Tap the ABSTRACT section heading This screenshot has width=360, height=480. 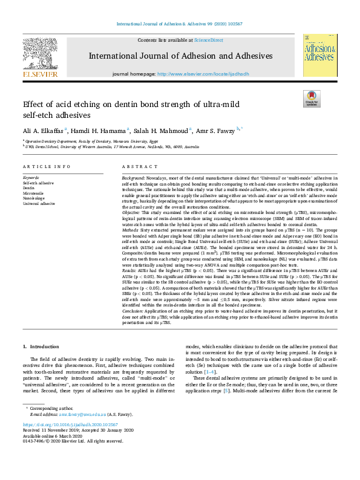click(136, 166)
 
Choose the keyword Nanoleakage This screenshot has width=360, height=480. click(34, 196)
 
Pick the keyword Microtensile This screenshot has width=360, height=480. click(33, 192)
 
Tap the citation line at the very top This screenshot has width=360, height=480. click(180, 24)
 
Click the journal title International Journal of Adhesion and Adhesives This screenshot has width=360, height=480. click(180, 56)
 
